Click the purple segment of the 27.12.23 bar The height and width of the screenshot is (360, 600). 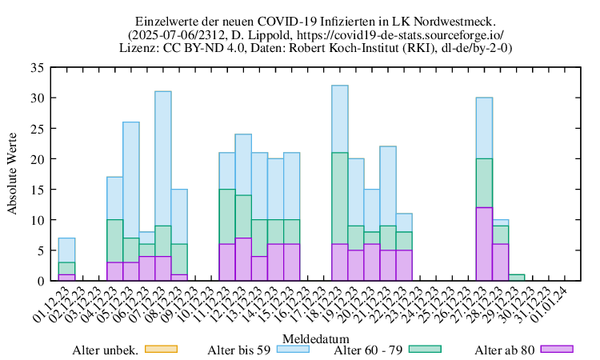(x=484, y=244)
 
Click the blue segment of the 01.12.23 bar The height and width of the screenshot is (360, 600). (x=67, y=250)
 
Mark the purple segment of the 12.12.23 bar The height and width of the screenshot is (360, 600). (x=243, y=259)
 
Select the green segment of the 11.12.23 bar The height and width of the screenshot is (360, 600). (x=227, y=216)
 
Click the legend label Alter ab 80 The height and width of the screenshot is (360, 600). (x=504, y=350)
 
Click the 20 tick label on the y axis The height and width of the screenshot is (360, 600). (x=37, y=159)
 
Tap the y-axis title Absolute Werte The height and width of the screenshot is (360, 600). (x=12, y=174)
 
